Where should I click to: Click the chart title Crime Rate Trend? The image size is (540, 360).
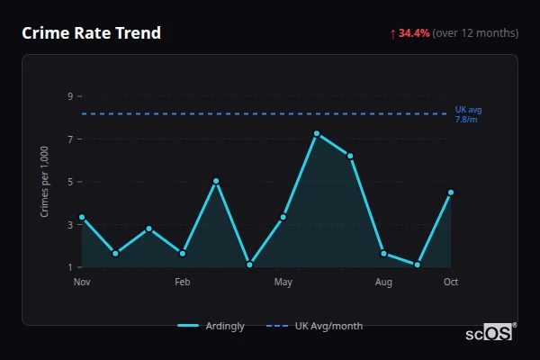click(92, 33)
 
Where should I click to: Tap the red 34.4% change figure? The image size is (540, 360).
click(414, 33)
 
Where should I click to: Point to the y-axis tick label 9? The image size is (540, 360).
click(70, 96)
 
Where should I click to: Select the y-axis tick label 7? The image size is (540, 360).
click(70, 139)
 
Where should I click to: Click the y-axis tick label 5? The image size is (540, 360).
click(70, 182)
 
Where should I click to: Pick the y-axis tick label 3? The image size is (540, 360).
click(70, 225)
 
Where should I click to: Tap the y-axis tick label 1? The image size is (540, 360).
click(70, 267)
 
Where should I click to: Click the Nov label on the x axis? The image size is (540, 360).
click(82, 283)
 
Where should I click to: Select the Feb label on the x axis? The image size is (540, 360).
click(183, 283)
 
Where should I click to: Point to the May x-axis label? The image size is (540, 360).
click(283, 283)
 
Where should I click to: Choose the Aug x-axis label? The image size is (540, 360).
click(383, 283)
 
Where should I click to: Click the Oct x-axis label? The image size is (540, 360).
click(451, 283)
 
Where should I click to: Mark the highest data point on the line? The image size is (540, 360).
click(317, 133)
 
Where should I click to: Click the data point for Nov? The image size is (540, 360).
click(82, 217)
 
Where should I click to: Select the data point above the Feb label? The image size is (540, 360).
click(183, 254)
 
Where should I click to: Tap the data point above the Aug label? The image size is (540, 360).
click(383, 254)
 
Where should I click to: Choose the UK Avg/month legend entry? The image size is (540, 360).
click(316, 326)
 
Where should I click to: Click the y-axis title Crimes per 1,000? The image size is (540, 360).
click(45, 182)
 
